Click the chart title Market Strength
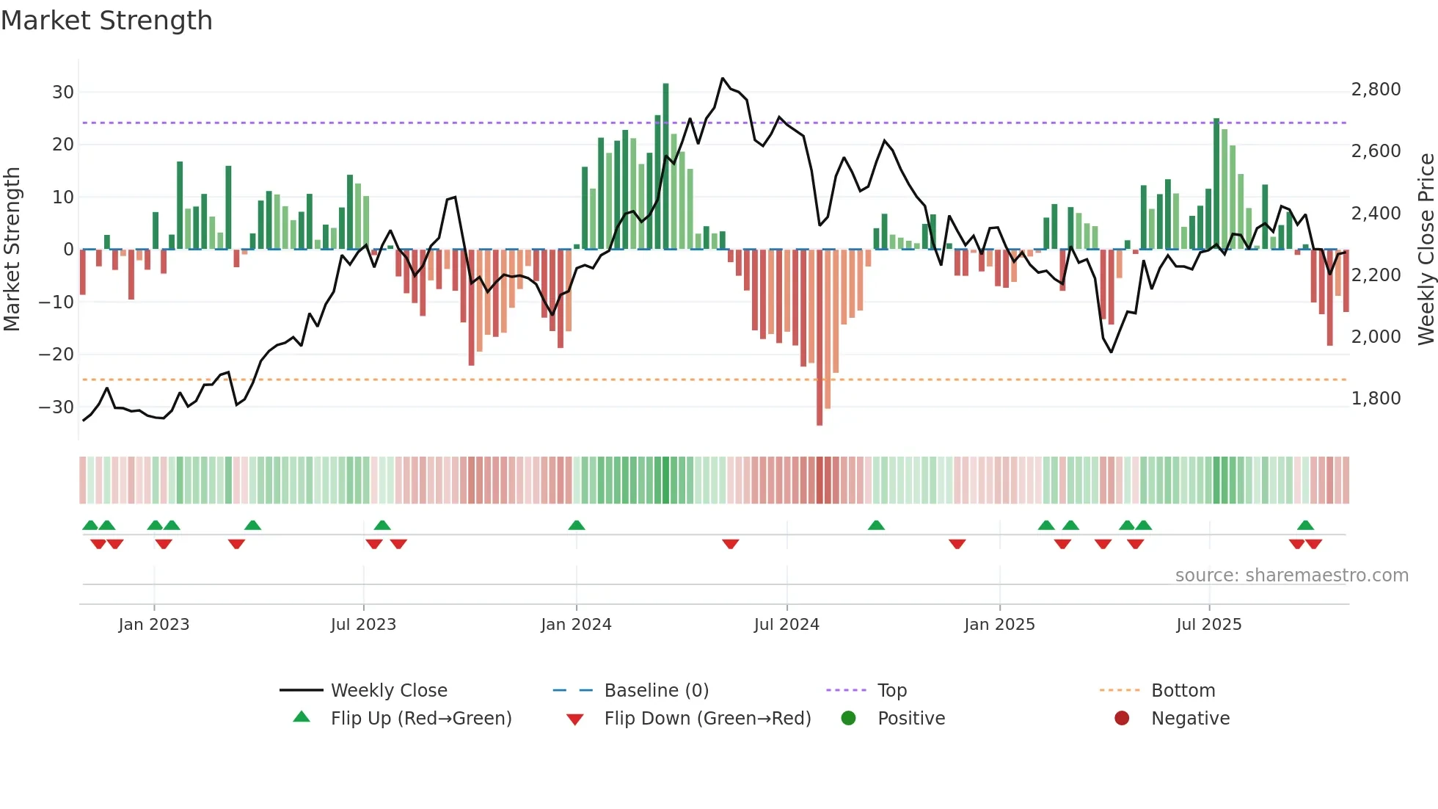(x=106, y=21)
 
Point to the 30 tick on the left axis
(x=63, y=92)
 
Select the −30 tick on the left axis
(x=57, y=407)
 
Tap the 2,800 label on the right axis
(x=1376, y=90)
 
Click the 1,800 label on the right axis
(x=1376, y=399)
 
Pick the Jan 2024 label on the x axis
(x=576, y=625)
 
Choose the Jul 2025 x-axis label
(x=1208, y=625)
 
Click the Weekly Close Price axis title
(x=1426, y=250)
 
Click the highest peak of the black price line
(x=723, y=78)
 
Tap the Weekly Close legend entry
(x=388, y=691)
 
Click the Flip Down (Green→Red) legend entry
(x=707, y=719)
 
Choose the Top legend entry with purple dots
(x=891, y=691)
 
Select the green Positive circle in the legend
(x=849, y=719)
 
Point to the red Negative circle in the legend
(x=1122, y=719)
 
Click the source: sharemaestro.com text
(x=1291, y=576)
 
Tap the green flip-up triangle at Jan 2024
(x=577, y=525)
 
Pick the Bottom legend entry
(x=1183, y=691)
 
